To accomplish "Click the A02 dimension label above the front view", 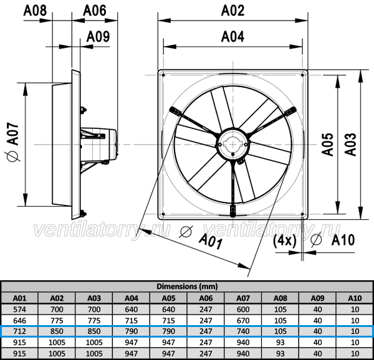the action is (x=233, y=11).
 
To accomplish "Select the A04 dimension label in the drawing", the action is (x=233, y=37).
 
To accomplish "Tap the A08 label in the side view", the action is (x=35, y=11).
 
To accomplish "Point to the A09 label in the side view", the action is (x=98, y=37).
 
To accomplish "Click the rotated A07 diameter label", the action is (x=12, y=142).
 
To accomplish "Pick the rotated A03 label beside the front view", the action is (x=350, y=144).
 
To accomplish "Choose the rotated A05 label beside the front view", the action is (x=327, y=144).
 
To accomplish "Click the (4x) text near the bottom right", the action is (x=285, y=240).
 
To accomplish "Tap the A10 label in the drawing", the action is (x=343, y=240).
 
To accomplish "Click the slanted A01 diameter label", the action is (x=211, y=240).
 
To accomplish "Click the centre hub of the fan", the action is (x=233, y=144).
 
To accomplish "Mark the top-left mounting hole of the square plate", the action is (x=163, y=75).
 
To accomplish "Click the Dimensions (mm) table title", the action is (x=187, y=286).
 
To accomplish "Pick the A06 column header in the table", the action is (x=206, y=298).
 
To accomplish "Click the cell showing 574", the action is (x=19, y=310).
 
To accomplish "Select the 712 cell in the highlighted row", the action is (x=19, y=331).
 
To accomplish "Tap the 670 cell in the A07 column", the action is (x=243, y=321).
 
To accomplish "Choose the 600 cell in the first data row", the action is (x=243, y=310).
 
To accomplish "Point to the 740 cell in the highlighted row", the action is (x=243, y=331).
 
